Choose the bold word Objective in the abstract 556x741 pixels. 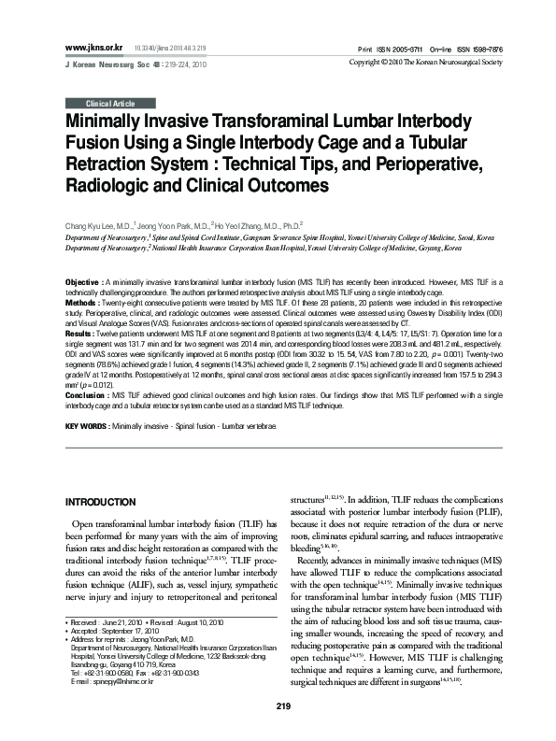[x=83, y=281]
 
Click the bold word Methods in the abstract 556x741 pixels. [x=81, y=303]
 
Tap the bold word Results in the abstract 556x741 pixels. [x=80, y=332]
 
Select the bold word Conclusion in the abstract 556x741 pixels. [x=86, y=394]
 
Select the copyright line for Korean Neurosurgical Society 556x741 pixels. [x=437, y=62]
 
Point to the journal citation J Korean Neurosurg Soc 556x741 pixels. [x=107, y=62]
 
